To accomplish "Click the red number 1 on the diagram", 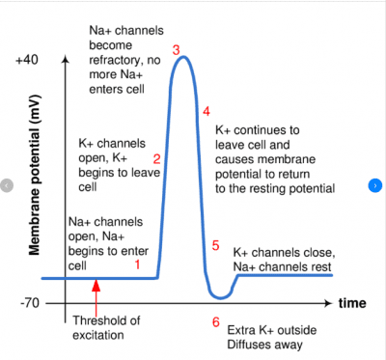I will point(137,263).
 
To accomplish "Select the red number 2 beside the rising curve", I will point(156,157).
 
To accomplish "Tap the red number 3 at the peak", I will point(176,49).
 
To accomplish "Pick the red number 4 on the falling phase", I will point(207,111).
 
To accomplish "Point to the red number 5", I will point(215,245).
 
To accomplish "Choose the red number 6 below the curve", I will point(215,321).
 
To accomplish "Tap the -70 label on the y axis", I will point(29,302).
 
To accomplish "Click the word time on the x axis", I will point(352,302).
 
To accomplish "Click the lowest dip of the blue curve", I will point(220,295).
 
